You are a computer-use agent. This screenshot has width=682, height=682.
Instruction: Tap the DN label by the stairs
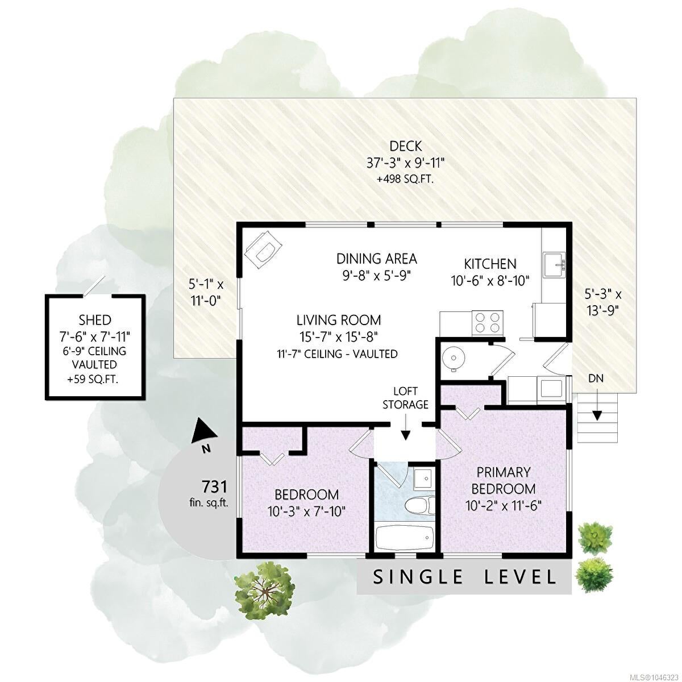pyautogui.click(x=596, y=379)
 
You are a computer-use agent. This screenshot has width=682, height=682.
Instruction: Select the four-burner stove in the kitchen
pyautogui.click(x=488, y=322)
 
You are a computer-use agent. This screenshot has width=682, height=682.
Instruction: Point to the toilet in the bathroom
pyautogui.click(x=420, y=510)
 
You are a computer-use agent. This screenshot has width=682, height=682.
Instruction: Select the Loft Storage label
pyautogui.click(x=405, y=397)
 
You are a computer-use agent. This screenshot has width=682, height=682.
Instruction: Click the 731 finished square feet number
pyautogui.click(x=214, y=486)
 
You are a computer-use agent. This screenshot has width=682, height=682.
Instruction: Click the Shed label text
pyautogui.click(x=95, y=320)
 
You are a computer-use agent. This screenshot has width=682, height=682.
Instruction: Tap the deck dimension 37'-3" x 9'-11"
pyautogui.click(x=406, y=163)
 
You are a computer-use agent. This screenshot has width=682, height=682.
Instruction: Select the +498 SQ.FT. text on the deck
pyautogui.click(x=406, y=179)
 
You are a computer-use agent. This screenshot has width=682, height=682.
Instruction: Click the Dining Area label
pyautogui.click(x=377, y=259)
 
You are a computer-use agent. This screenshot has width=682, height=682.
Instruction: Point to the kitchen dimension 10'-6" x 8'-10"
pyautogui.click(x=490, y=281)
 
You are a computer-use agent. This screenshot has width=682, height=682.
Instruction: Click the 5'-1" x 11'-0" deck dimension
pyautogui.click(x=206, y=292)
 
